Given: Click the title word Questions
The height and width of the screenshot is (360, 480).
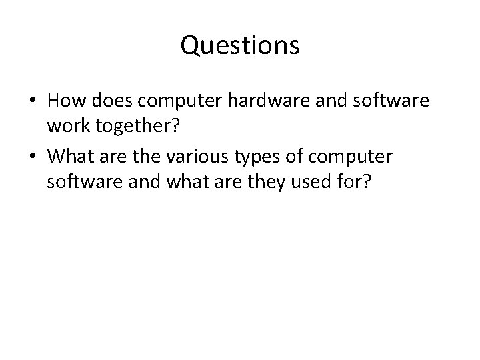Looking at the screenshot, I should click(x=240, y=46).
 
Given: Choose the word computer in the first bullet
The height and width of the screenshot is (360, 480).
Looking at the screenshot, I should click(x=175, y=102).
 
